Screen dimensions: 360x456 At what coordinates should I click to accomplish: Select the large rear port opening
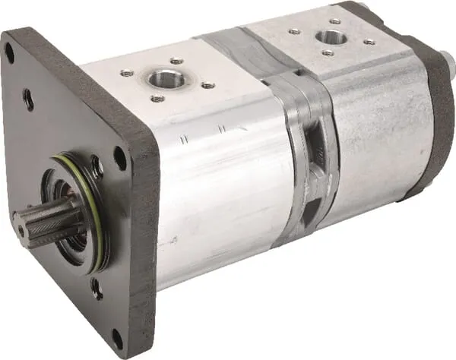click(x=330, y=36)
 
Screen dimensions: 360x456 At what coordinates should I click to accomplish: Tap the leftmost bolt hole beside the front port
click(x=126, y=73)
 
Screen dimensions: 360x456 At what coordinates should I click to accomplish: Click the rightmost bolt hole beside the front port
click(x=207, y=85)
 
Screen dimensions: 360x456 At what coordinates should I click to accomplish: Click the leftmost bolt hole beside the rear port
click(x=293, y=31)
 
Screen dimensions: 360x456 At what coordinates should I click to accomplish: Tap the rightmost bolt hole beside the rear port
click(x=369, y=42)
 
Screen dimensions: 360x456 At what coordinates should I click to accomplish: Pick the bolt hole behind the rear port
click(x=335, y=21)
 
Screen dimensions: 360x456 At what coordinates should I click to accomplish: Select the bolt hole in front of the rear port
click(x=328, y=53)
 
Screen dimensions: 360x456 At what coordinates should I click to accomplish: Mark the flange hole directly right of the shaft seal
click(x=120, y=159)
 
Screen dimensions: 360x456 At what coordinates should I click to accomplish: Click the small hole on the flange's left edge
click(x=27, y=99)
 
